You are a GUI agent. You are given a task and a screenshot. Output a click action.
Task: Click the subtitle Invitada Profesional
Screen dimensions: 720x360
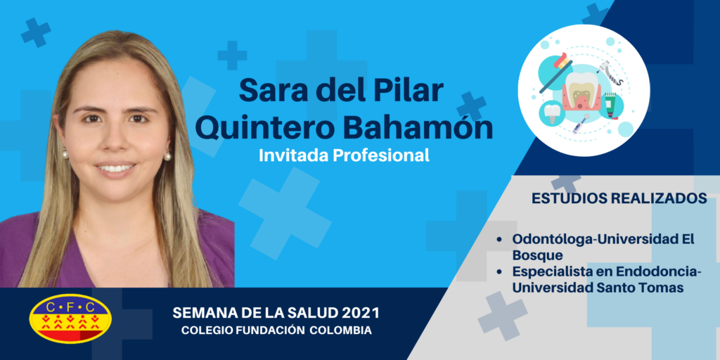pyautogui.click(x=344, y=155)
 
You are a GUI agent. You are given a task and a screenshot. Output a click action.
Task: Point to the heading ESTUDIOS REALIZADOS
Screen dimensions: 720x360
pyautogui.click(x=619, y=198)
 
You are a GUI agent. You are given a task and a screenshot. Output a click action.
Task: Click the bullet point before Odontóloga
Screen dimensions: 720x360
pyautogui.click(x=500, y=240)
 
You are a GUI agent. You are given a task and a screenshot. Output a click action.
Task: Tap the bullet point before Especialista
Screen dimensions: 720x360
pyautogui.click(x=500, y=272)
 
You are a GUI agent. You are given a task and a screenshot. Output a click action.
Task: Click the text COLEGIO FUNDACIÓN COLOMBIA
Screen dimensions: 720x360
pyautogui.click(x=276, y=330)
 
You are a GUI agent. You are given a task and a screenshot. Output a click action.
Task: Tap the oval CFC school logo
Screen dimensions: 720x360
pyautogui.click(x=70, y=318)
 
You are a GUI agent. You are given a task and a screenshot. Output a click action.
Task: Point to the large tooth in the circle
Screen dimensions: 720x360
pyautogui.click(x=583, y=92)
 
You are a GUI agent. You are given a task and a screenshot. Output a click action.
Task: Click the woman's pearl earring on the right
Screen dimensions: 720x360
pyautogui.click(x=167, y=157)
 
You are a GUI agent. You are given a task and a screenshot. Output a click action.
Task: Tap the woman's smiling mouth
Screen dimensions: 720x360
pyautogui.click(x=116, y=168)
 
